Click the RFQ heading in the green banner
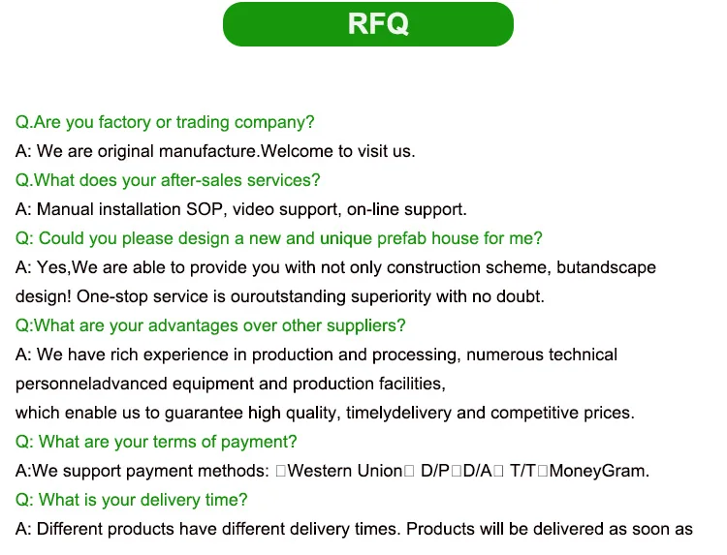(x=378, y=24)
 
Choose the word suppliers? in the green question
(x=368, y=325)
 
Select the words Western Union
(x=345, y=471)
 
